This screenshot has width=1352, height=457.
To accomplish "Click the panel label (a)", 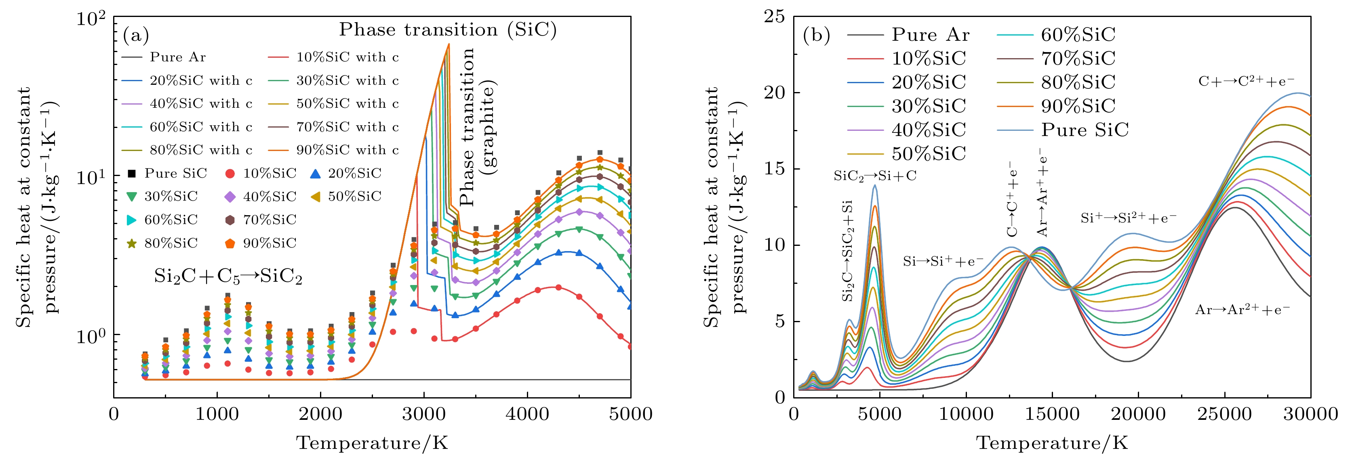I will pyautogui.click(x=136, y=35).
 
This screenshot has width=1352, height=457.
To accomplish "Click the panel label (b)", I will pyautogui.click(x=817, y=35).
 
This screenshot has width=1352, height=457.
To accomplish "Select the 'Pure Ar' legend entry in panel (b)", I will pyautogui.click(x=930, y=35).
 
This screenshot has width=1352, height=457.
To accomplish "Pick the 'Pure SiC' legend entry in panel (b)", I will pyautogui.click(x=1085, y=130).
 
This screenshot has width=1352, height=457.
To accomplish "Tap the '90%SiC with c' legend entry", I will pyautogui.click(x=347, y=150).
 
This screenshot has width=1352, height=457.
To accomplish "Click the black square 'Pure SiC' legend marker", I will pyautogui.click(x=132, y=173).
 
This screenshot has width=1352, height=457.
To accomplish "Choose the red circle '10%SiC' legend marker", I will pyautogui.click(x=230, y=173).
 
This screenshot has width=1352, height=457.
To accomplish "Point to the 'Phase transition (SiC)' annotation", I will pyautogui.click(x=448, y=29).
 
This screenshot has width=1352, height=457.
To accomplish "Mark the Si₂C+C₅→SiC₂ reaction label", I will pyautogui.click(x=228, y=277).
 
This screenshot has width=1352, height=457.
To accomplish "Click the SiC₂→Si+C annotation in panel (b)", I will pyautogui.click(x=875, y=176).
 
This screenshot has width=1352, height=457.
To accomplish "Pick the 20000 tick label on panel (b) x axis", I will pyautogui.click(x=1138, y=414).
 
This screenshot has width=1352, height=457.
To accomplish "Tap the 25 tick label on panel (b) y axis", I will pyautogui.click(x=775, y=17).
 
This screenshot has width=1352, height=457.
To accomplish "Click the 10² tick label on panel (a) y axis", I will pyautogui.click(x=91, y=19).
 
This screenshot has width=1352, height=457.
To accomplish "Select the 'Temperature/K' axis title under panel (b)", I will pyautogui.click(x=1052, y=443).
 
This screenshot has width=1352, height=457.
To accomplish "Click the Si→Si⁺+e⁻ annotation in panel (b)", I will pyautogui.click(x=943, y=261).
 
